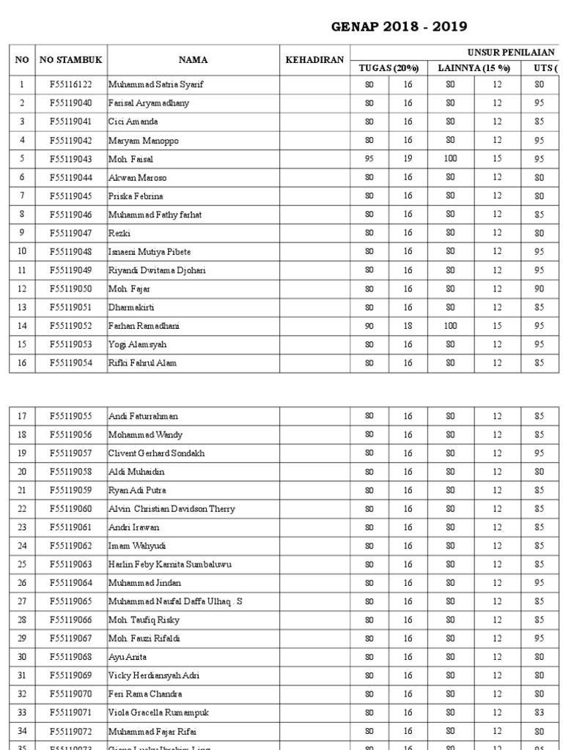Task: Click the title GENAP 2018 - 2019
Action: (399, 27)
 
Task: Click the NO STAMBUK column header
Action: (70, 60)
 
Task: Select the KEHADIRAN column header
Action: (314, 60)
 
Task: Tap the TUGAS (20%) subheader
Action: (388, 68)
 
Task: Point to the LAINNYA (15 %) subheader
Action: (475, 68)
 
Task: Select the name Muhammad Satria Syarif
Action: (156, 85)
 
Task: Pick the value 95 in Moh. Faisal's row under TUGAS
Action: (369, 159)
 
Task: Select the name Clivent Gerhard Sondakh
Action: (157, 453)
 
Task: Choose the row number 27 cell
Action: (22, 601)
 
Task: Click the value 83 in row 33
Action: (541, 713)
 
